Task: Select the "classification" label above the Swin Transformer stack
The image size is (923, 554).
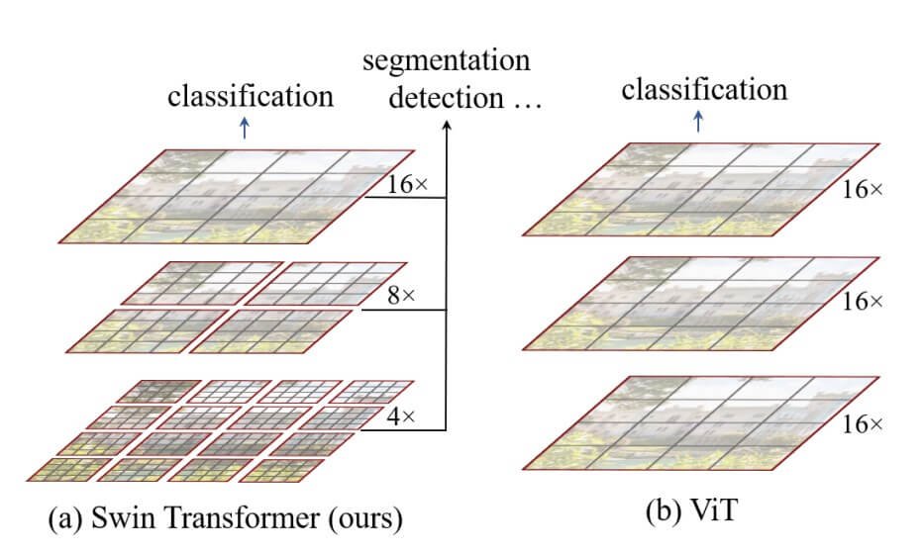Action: (251, 96)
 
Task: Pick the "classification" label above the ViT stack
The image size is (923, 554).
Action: (704, 90)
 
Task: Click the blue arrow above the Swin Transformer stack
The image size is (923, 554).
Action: (247, 126)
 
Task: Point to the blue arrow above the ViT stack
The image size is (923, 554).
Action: (700, 120)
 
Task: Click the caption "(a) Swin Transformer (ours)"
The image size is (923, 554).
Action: (214, 517)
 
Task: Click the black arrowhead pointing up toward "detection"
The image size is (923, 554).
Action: (446, 126)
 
